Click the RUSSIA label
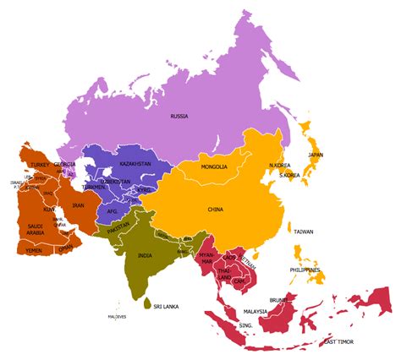point(179,116)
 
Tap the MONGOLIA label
point(214,167)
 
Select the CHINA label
point(216,209)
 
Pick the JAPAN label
point(315,155)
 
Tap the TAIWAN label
point(304,231)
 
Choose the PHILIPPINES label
point(306,270)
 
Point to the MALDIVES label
point(117,317)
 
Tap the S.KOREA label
point(290,175)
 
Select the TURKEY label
point(40,164)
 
